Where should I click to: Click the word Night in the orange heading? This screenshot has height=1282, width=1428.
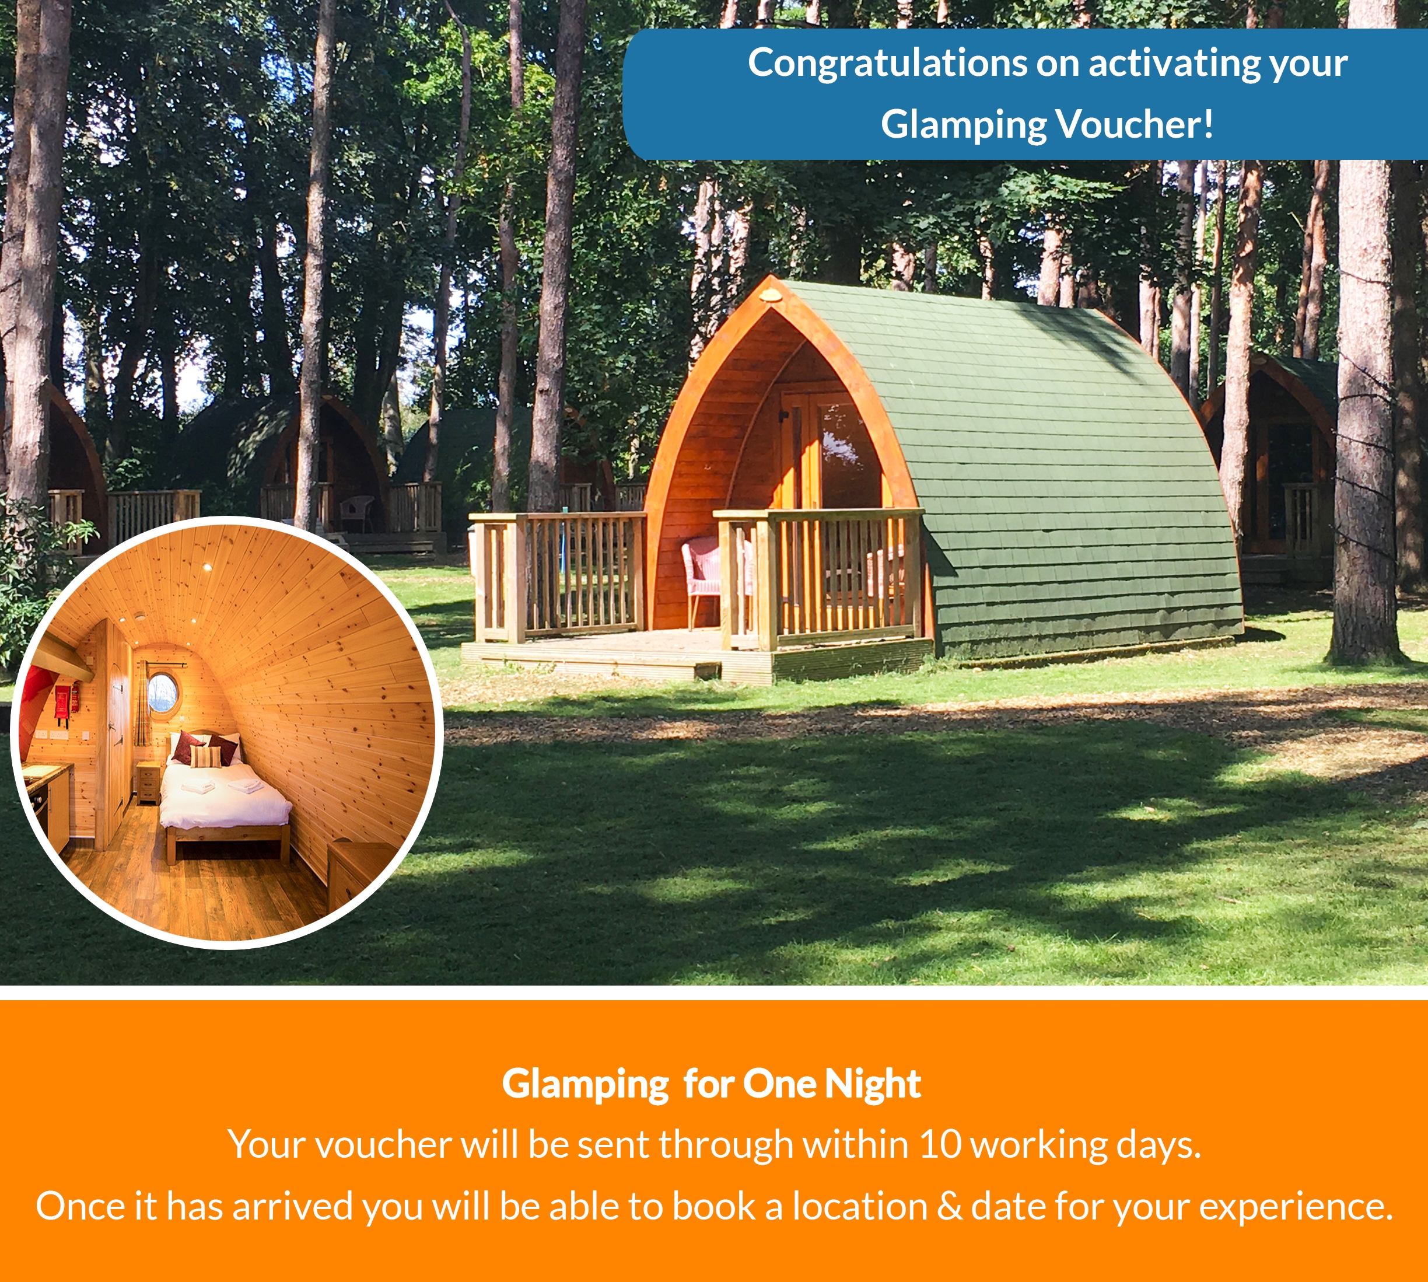pos(873,1084)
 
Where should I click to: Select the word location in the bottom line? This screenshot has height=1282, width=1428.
pos(860,1206)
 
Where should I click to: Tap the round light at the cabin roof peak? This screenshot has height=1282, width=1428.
pos(773,295)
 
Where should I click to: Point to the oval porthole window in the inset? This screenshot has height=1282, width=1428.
pos(163,691)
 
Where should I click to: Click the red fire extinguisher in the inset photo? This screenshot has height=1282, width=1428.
pos(61,705)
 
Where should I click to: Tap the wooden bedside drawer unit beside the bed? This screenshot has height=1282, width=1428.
pos(149,782)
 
